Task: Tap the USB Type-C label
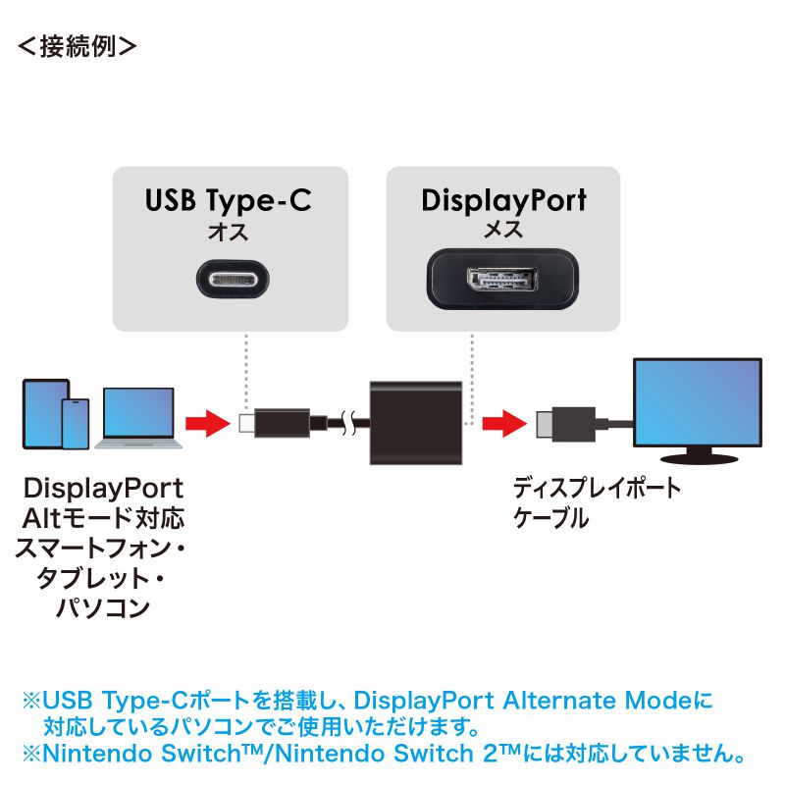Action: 229,201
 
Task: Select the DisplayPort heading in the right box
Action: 503,201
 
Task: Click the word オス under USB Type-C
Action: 228,233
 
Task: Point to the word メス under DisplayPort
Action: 503,233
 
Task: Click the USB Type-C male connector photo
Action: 230,281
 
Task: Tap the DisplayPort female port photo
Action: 502,280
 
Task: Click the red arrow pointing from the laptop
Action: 205,424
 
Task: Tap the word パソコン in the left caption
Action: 102,607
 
